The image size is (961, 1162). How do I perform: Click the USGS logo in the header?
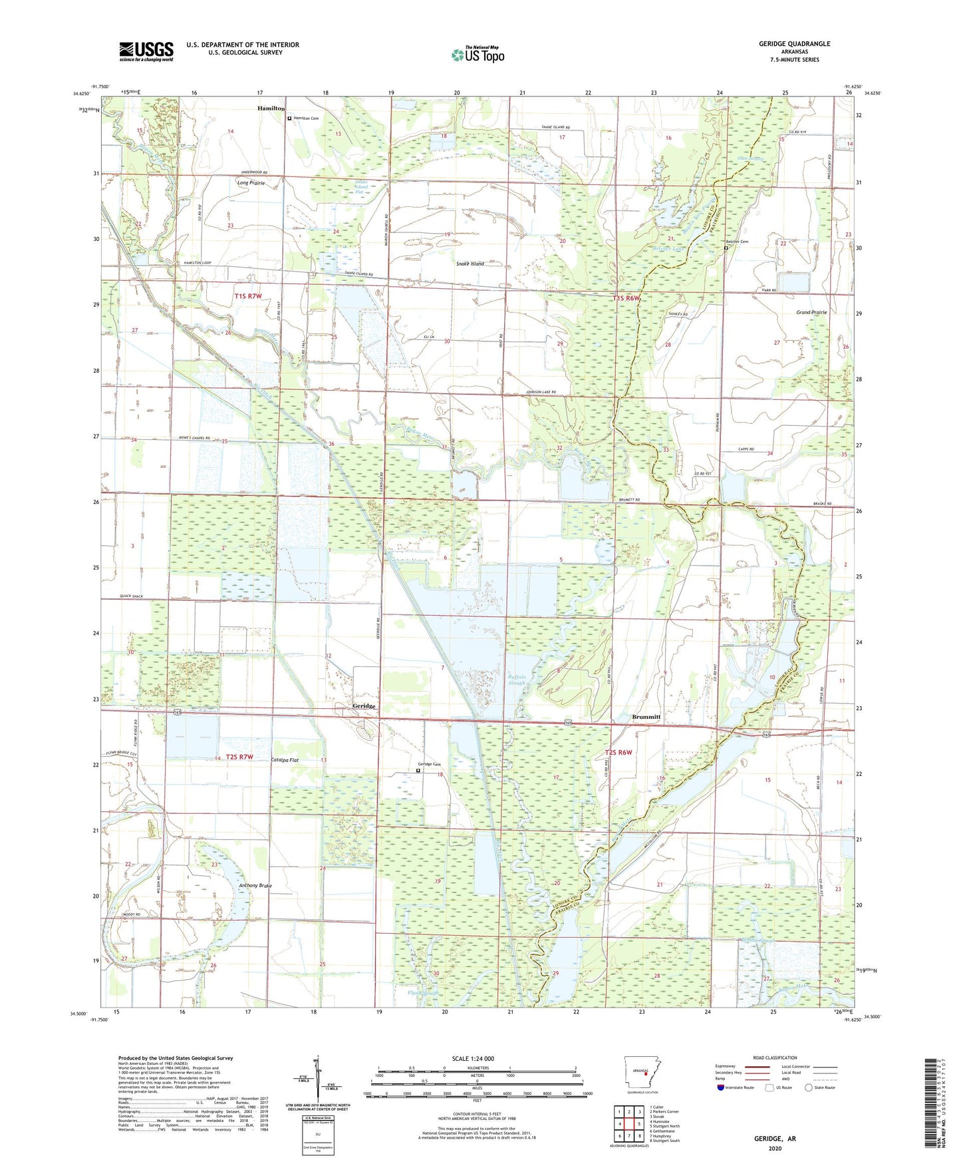[x=146, y=51]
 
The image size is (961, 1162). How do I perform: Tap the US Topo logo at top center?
[x=477, y=55]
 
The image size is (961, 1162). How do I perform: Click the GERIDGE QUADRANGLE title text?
[x=794, y=44]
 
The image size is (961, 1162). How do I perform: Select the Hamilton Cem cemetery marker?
[x=289, y=118]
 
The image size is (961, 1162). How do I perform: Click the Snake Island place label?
[x=470, y=264]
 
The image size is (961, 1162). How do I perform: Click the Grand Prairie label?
[x=811, y=312]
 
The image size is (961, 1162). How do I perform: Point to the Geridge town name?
[x=364, y=706]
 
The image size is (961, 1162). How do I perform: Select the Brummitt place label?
[x=645, y=717]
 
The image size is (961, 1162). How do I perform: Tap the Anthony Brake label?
[x=255, y=886]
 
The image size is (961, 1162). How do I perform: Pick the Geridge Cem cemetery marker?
[x=418, y=771]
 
